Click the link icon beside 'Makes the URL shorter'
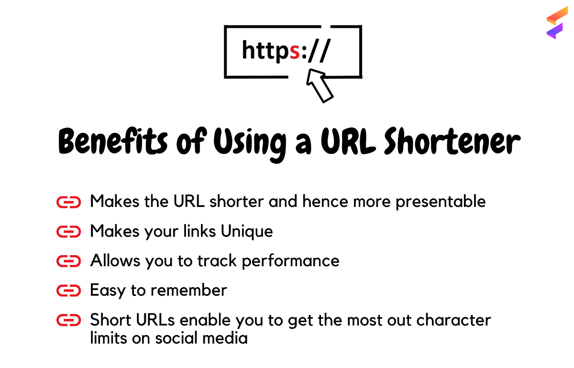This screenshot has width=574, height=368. point(68,202)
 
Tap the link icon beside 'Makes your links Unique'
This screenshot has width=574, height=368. point(68,232)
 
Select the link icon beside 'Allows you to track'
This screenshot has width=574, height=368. point(68,261)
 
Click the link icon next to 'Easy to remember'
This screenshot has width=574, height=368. point(68,291)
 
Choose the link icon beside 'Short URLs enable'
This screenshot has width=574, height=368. point(68,320)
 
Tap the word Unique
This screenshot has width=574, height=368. point(246,231)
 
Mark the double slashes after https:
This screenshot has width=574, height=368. point(318,51)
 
